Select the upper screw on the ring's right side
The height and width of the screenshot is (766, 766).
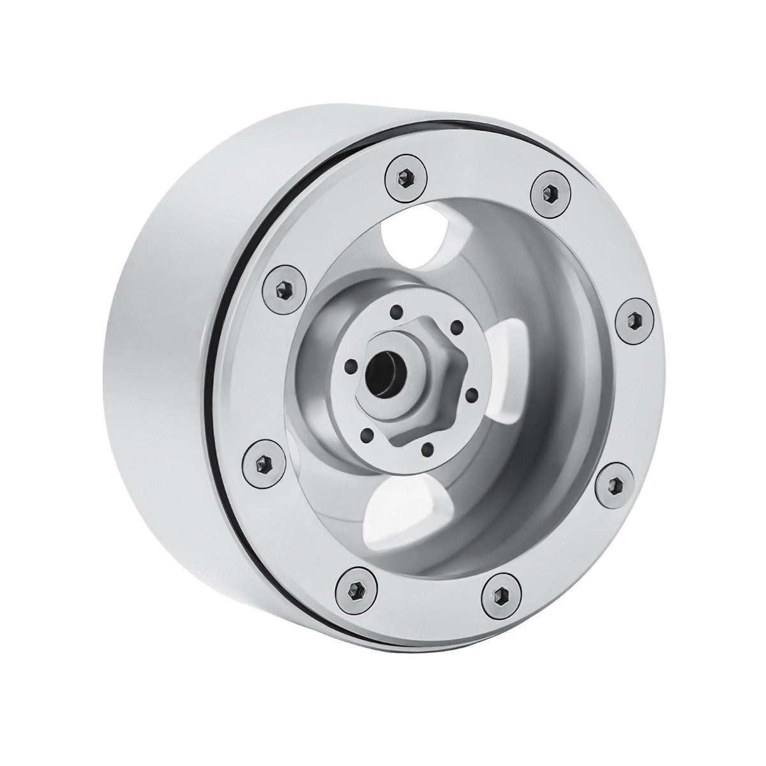pos(636,317)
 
